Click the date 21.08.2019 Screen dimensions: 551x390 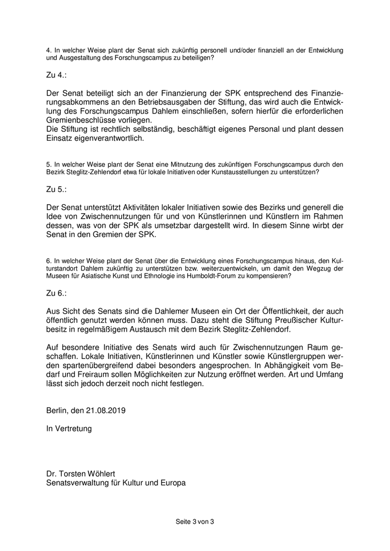tap(106, 411)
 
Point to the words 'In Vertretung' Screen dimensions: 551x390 tap(69, 429)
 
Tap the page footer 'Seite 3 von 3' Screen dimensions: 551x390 tap(194, 522)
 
